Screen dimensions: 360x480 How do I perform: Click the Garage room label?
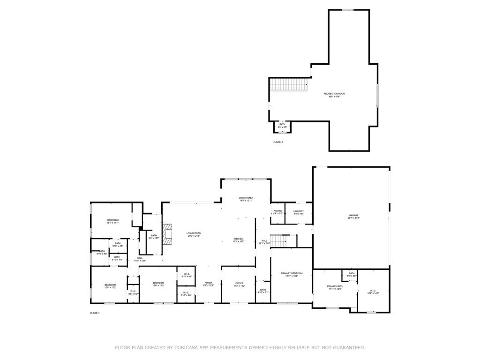click(353, 216)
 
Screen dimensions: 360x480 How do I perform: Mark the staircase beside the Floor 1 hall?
click(278, 241)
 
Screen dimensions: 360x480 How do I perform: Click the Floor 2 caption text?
click(278, 142)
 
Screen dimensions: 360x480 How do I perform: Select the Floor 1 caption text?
click(95, 313)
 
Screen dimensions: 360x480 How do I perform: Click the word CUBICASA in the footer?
click(187, 348)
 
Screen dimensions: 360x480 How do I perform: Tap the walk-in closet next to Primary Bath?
click(374, 291)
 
